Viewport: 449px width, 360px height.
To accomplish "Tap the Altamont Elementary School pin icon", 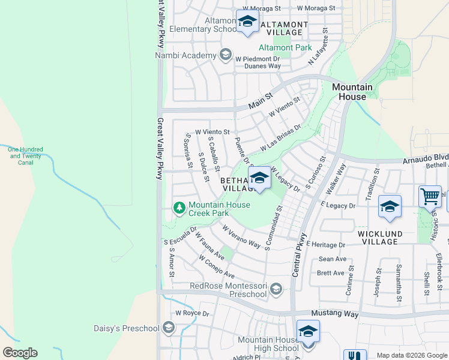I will point(247,22).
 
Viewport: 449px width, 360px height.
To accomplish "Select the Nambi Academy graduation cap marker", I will point(226,56).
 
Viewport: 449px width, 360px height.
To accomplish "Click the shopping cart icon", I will point(430,196).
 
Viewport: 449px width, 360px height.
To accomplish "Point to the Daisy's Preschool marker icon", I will point(169,328).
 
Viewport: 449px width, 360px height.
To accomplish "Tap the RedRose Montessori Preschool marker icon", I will point(276,289).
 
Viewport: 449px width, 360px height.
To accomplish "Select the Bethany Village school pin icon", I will point(259,179).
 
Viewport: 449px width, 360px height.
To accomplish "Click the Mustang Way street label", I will point(334,314).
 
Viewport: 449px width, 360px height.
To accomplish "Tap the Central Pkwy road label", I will point(300,255).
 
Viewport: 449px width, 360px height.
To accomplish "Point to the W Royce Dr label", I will point(191,313).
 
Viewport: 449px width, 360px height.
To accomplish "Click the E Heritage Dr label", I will point(325,245).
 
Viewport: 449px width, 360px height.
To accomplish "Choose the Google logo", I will point(20,353).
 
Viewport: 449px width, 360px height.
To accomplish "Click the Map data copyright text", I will point(411,355).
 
